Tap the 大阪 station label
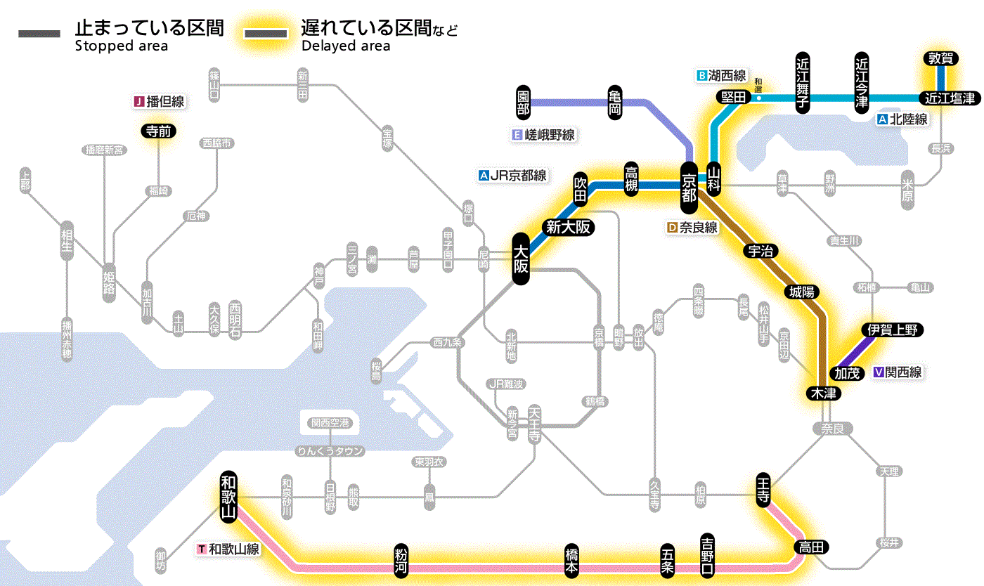(x=521, y=259)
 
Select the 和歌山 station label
(x=228, y=496)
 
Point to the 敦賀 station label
(x=940, y=59)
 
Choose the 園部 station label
(x=523, y=103)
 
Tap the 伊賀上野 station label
(x=893, y=330)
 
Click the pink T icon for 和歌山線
(x=202, y=549)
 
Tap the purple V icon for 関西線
(x=878, y=372)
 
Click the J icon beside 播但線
(x=138, y=102)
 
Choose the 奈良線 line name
(x=698, y=228)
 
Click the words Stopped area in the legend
(x=122, y=46)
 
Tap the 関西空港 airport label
(x=330, y=423)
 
